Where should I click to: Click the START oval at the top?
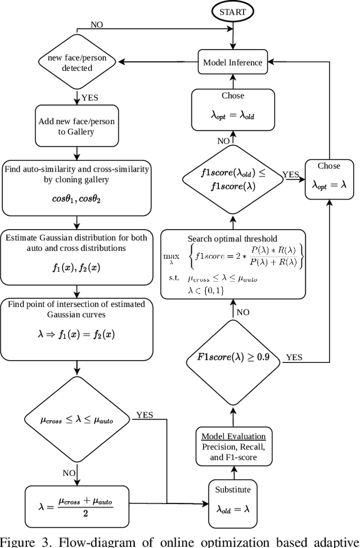[232, 11]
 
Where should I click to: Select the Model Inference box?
[233, 62]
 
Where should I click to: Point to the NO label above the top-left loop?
[97, 24]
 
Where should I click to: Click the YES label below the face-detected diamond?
[89, 97]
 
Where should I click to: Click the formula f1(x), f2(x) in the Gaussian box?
[76, 268]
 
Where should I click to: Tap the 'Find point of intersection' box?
[76, 329]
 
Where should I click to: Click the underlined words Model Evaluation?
[232, 436]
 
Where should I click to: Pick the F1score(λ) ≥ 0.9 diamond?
[232, 357]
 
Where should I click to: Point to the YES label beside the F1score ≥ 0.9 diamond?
[294, 357]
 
